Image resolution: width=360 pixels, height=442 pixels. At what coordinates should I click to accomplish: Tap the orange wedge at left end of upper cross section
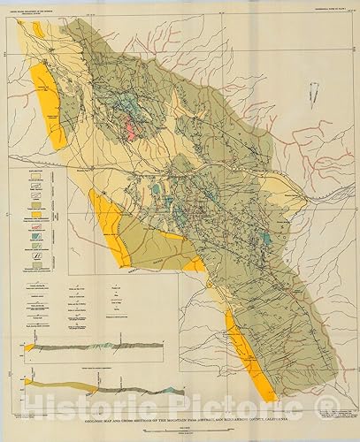28,347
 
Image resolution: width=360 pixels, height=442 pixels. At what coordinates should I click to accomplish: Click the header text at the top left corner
40,12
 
